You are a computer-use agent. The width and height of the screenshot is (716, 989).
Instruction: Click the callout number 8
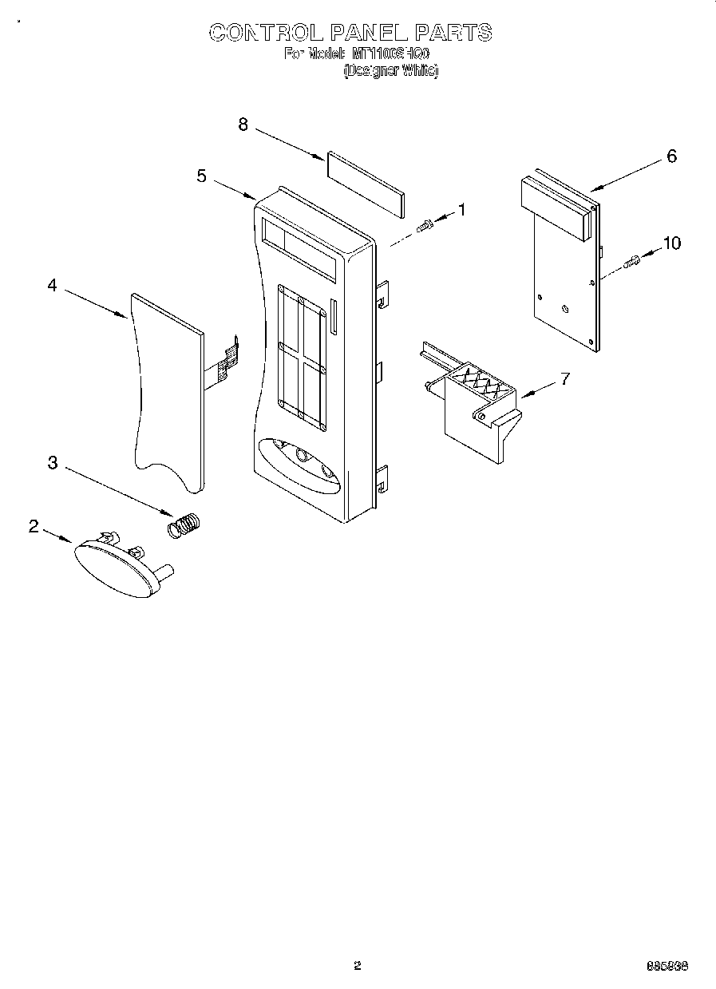tap(243, 125)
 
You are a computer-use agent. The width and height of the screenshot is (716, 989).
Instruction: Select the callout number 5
tap(202, 176)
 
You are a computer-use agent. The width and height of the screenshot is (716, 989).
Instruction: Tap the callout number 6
tap(671, 156)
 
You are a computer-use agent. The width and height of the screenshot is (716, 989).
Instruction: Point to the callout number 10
tap(672, 243)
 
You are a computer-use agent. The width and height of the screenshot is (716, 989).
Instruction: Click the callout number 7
tap(564, 378)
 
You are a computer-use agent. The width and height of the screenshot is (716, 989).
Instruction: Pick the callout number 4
tap(53, 285)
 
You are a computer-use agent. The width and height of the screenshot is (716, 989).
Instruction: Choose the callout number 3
tap(53, 462)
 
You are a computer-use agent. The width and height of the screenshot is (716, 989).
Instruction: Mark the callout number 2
tap(34, 526)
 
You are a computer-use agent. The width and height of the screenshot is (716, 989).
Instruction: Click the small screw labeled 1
tap(425, 226)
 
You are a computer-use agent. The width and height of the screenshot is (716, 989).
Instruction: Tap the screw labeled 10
tap(632, 260)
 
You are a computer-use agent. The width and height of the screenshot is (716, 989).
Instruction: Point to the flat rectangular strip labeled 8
tap(364, 184)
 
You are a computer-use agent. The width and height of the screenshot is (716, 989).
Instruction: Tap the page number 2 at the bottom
tap(358, 967)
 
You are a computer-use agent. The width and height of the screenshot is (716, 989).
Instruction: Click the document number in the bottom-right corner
tap(667, 967)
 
